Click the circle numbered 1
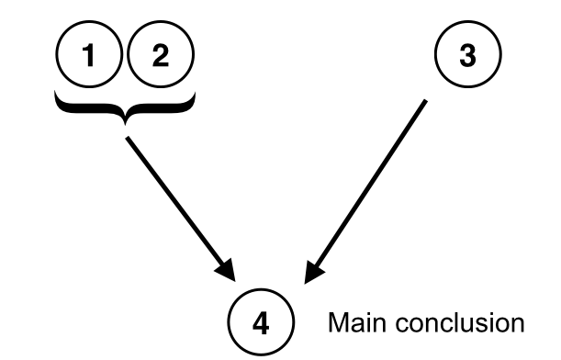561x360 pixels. pyautogui.click(x=89, y=57)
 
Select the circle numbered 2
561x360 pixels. pyautogui.click(x=161, y=57)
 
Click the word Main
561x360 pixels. pyautogui.click(x=349, y=324)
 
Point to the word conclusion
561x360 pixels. pyautogui.click(x=450, y=324)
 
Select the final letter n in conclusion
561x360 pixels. pyautogui.click(x=517, y=325)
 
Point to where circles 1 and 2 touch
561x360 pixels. pyautogui.click(x=125, y=57)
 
